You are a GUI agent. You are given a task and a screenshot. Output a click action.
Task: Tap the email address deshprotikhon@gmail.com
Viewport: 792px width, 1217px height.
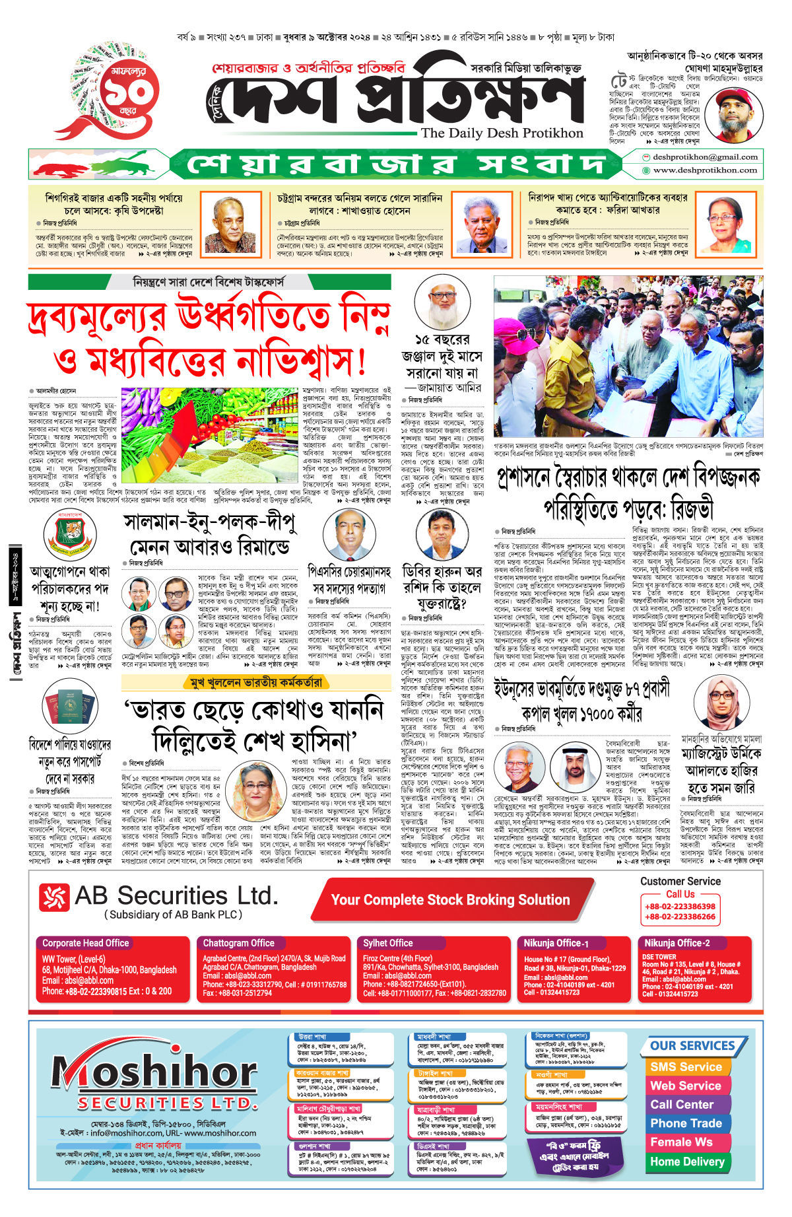705,157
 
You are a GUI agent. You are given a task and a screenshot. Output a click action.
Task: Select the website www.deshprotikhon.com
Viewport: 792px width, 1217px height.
705,170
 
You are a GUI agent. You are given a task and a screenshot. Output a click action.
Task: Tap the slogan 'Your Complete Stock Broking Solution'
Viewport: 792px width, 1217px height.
450,900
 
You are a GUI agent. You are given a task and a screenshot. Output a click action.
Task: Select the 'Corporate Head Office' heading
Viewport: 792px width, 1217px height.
85,943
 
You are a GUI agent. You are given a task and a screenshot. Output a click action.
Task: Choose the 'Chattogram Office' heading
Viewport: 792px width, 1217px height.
238,943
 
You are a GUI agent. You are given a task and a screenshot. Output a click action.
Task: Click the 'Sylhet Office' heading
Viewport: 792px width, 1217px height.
387,943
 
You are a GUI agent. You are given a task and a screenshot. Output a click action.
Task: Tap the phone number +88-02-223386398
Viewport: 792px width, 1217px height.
680,907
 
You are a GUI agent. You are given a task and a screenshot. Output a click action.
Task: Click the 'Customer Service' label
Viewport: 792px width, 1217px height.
680,882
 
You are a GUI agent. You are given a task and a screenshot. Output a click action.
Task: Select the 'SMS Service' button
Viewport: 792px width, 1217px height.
686,1067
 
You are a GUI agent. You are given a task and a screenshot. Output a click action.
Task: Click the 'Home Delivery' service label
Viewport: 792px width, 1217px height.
687,1162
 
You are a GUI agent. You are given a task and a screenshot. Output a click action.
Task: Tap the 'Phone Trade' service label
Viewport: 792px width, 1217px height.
686,1123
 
